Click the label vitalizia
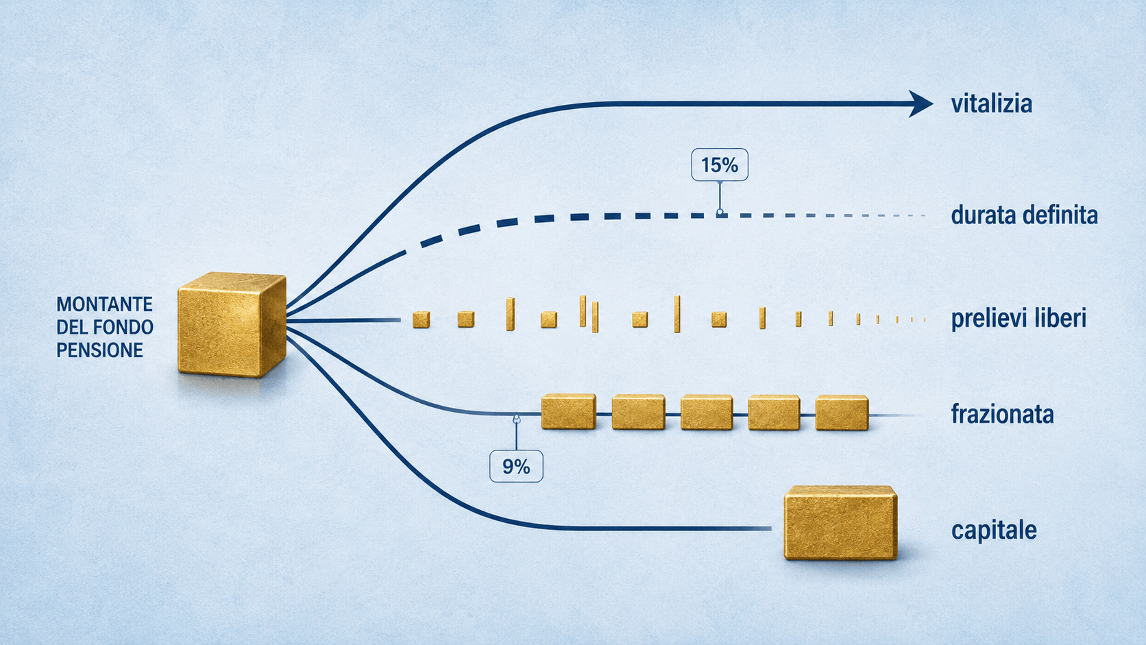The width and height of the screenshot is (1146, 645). (x=992, y=104)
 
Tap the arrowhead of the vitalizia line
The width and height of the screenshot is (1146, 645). (x=920, y=104)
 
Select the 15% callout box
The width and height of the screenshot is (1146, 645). (x=719, y=165)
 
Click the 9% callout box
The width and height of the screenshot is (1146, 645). (x=516, y=466)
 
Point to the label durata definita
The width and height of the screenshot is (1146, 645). (x=1024, y=215)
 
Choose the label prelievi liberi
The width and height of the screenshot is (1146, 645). (x=1019, y=318)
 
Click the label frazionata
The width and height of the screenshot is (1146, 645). (x=1002, y=414)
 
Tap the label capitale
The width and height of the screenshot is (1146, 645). (x=994, y=531)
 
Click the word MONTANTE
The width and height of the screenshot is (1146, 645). (x=104, y=304)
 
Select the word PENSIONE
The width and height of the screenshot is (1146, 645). (x=100, y=350)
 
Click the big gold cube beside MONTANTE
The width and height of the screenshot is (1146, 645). (x=232, y=325)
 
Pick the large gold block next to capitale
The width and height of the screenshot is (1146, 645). (x=840, y=523)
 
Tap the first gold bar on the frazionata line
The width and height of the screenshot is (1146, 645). (x=569, y=412)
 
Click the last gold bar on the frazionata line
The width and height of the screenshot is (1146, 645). (x=842, y=412)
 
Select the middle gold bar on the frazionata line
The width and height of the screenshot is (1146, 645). (x=707, y=412)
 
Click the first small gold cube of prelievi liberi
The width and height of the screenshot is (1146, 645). (x=421, y=319)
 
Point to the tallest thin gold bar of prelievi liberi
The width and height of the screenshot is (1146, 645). (x=677, y=314)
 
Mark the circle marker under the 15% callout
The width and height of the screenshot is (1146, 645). (x=720, y=212)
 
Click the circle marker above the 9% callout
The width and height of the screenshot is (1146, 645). (x=517, y=419)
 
